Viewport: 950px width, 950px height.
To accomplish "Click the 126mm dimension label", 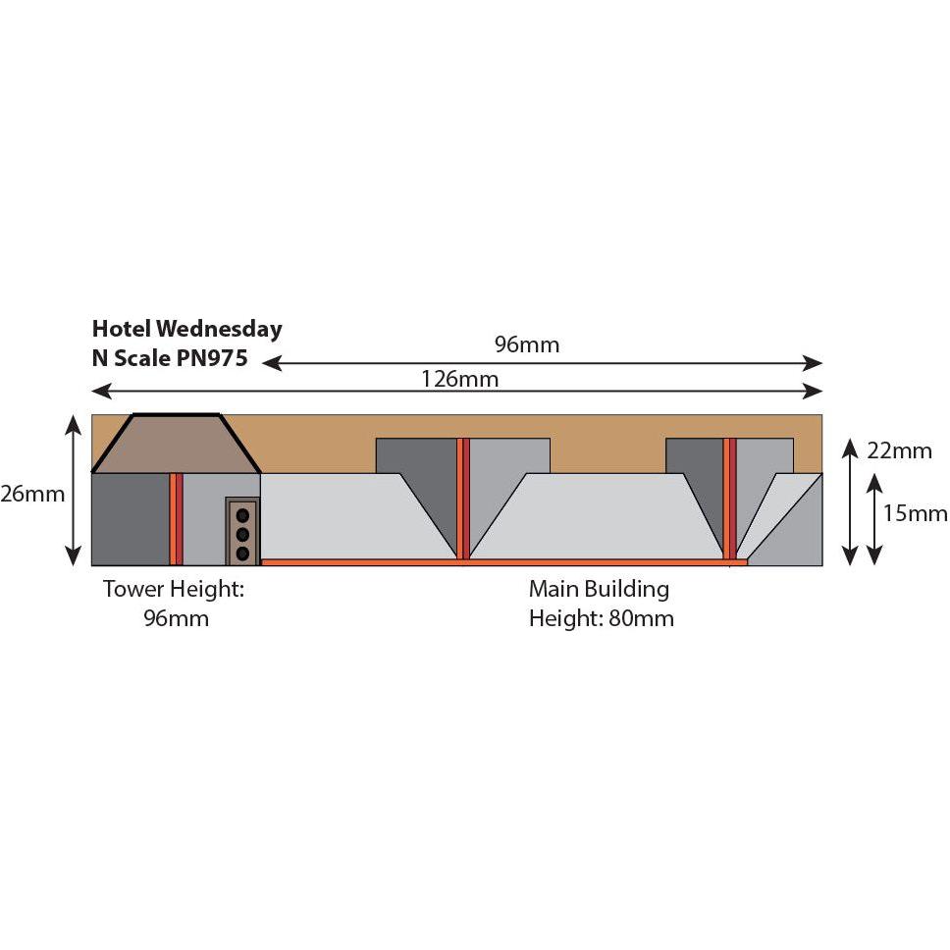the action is click(460, 379).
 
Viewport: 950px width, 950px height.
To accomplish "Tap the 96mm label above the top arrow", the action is click(526, 344).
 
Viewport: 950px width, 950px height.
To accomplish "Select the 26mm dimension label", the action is click(32, 494).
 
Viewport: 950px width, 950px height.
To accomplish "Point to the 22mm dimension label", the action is click(899, 450).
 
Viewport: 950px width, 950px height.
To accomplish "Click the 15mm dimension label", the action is click(915, 514).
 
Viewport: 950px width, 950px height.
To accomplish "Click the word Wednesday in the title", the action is click(219, 329).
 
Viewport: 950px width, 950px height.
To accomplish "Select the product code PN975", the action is click(212, 358).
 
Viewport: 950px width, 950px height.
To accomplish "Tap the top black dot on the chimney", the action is click(242, 515).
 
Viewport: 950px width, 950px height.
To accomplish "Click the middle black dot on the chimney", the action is click(242, 534).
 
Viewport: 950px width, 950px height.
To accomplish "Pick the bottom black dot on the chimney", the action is click(242, 554).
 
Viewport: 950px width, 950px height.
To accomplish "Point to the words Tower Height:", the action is click(174, 589).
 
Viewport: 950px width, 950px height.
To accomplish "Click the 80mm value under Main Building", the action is click(641, 618).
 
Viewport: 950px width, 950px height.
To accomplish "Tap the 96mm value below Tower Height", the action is click(177, 618).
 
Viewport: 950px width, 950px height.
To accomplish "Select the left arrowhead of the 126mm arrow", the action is click(101, 392).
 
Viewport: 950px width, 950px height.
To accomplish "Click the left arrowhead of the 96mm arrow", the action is click(272, 363).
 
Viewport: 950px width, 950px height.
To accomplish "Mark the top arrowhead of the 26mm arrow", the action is click(74, 425).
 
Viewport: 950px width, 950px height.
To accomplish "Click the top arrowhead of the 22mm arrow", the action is click(850, 449).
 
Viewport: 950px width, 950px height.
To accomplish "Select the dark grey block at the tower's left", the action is click(131, 519).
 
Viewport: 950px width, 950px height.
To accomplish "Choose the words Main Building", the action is click(600, 589).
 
